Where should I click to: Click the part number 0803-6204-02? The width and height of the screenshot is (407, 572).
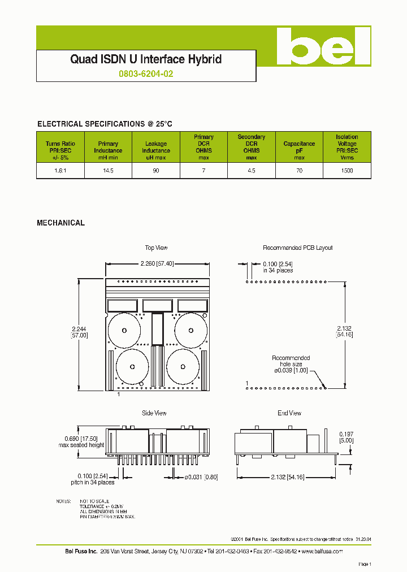[x=146, y=73]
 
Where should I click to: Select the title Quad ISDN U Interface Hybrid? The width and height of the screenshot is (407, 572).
[x=146, y=59]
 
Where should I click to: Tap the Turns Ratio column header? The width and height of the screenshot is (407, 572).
[x=60, y=147]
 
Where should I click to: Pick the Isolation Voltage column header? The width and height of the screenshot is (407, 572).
[x=347, y=147]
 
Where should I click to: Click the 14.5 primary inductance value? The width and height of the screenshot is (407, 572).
[x=108, y=170]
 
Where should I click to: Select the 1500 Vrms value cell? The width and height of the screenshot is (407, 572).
[x=347, y=170]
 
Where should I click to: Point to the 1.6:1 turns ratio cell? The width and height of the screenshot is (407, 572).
[x=60, y=170]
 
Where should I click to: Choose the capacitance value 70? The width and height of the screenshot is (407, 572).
[x=299, y=170]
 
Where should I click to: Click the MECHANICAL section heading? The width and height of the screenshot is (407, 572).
[x=60, y=223]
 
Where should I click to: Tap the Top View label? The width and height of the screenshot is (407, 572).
[x=156, y=248]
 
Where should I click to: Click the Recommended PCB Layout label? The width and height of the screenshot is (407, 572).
[x=297, y=248]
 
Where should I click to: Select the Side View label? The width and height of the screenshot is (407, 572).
[x=154, y=413]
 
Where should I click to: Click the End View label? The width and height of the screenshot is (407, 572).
[x=289, y=413]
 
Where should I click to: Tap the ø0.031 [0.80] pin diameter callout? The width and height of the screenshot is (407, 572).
[x=201, y=477]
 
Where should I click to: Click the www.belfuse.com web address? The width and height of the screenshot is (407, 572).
[x=322, y=551]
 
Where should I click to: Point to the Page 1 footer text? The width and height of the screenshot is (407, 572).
[x=365, y=564]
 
